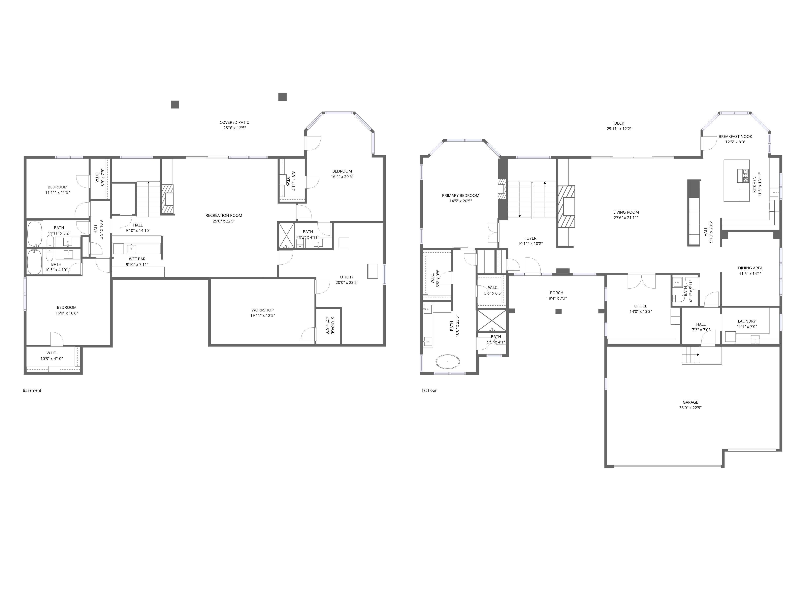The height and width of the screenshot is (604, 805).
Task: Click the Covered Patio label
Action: pos(234,123)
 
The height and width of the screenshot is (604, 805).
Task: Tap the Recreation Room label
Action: pos(224,216)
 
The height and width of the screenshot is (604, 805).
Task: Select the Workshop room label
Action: pos(262,310)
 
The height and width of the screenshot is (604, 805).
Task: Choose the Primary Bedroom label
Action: pos(461,195)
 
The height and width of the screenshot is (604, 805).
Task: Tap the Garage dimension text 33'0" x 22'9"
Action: pos(690,408)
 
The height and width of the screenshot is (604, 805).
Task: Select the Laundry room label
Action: pos(747,321)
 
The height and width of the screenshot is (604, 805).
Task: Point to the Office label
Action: pos(641,306)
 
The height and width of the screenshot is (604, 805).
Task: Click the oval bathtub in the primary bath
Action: pos(448,362)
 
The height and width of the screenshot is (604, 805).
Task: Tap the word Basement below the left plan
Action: pos(32,390)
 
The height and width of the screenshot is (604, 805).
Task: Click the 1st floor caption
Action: pos(429,390)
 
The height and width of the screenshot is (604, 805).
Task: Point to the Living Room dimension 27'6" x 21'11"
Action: pos(626,218)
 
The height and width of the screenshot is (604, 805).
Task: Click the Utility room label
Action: pos(347,277)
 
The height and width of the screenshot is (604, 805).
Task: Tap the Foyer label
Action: pos(531,238)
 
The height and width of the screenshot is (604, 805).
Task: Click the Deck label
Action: pos(619,123)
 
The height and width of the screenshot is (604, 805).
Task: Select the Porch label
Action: pos(557,293)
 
